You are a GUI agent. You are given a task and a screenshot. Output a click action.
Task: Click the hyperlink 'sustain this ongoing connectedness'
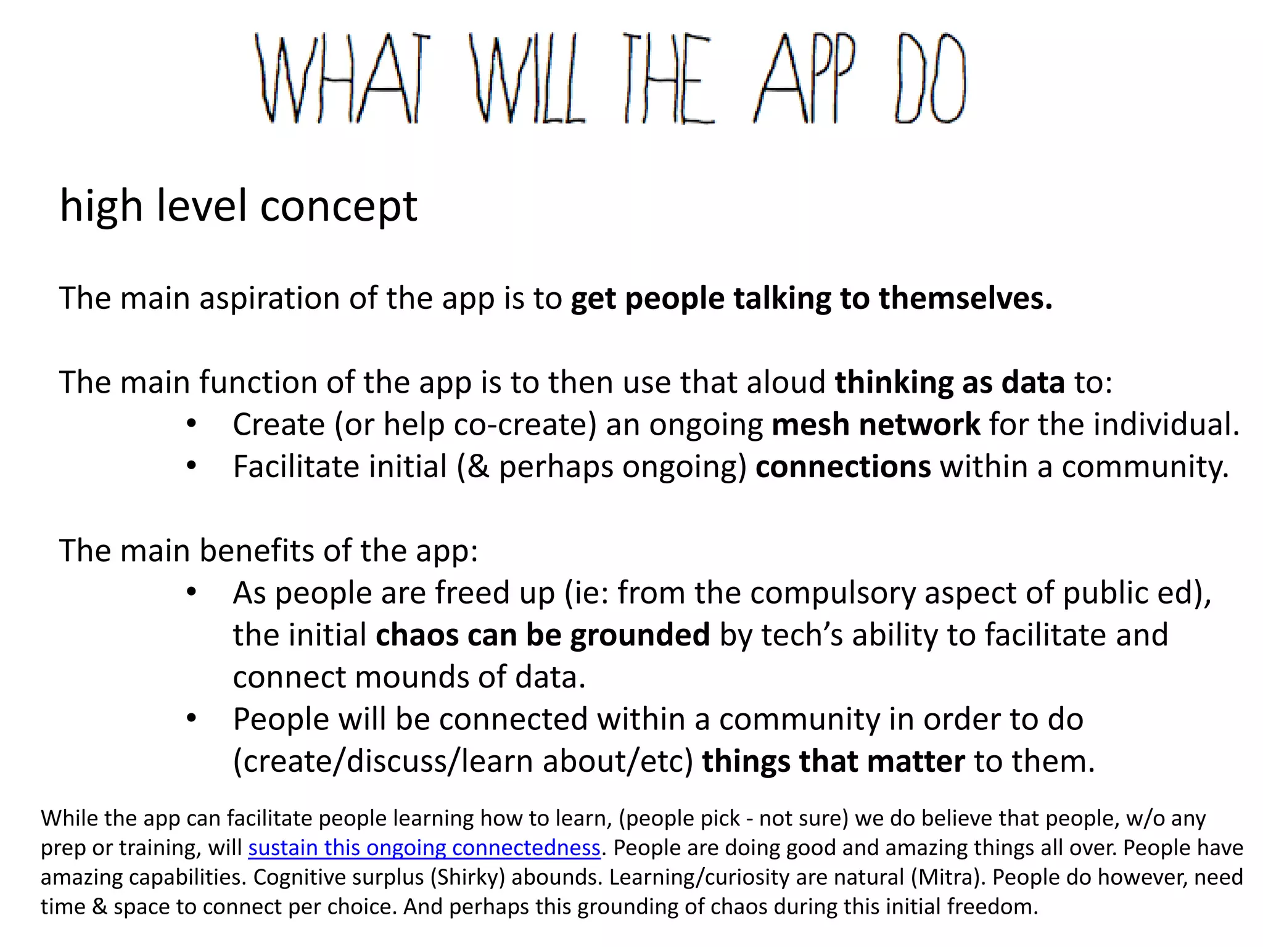(424, 848)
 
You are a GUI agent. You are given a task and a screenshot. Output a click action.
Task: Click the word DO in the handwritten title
(931, 78)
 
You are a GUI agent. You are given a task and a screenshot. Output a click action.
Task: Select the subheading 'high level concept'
(239, 205)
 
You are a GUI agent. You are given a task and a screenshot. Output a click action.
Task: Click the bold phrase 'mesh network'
(876, 425)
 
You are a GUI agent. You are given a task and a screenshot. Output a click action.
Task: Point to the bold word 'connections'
(843, 467)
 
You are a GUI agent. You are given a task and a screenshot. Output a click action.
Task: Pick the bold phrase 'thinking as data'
(950, 382)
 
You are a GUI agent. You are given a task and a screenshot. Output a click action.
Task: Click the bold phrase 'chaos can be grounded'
(543, 635)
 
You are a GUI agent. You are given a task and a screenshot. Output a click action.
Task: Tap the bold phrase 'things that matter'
(833, 761)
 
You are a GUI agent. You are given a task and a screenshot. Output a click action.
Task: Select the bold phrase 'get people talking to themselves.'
(812, 298)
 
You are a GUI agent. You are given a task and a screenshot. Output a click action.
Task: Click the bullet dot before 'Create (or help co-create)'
(192, 424)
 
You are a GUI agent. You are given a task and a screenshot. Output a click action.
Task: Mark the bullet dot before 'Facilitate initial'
(192, 466)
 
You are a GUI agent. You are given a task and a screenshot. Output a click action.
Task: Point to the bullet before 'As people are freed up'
(192, 592)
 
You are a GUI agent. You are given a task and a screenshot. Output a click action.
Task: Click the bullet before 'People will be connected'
(192, 719)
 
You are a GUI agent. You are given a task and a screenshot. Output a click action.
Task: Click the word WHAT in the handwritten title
(343, 78)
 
